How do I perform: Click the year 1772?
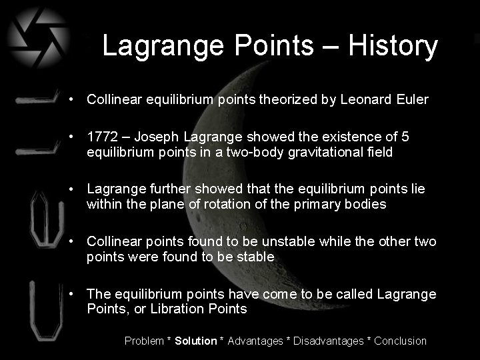point(101,137)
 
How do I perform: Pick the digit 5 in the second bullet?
point(406,137)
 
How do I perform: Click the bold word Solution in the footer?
point(196,341)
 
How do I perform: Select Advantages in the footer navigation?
point(255,341)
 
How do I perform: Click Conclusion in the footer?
point(400,341)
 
